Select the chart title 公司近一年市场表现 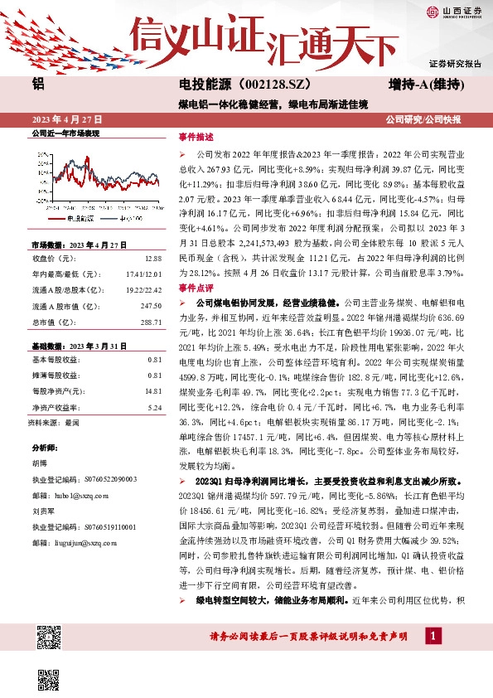[65, 133]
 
